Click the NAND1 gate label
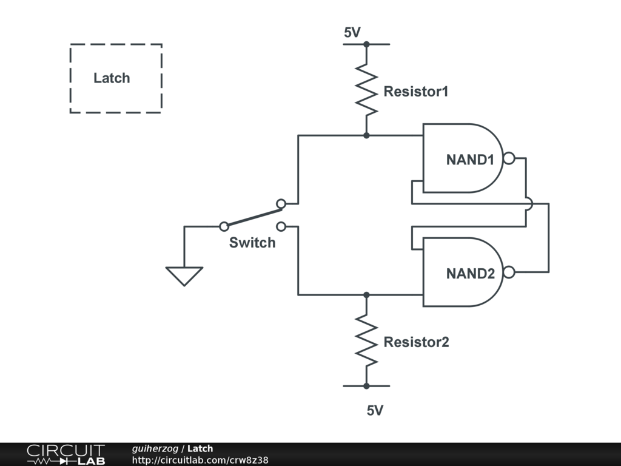[470, 160]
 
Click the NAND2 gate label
[471, 274]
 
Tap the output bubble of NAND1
[509, 158]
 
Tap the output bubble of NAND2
[509, 272]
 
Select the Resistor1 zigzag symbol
[366, 90]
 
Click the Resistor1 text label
[416, 92]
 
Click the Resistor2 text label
[416, 342]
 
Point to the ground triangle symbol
[184, 276]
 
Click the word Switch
[252, 243]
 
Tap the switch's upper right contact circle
[281, 204]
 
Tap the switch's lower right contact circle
[281, 227]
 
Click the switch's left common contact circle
[224, 227]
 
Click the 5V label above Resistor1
[352, 32]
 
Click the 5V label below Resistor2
[375, 411]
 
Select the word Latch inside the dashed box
[112, 78]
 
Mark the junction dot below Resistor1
[366, 135]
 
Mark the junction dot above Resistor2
[366, 295]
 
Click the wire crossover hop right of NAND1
[529, 204]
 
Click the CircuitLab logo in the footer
[66, 454]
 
